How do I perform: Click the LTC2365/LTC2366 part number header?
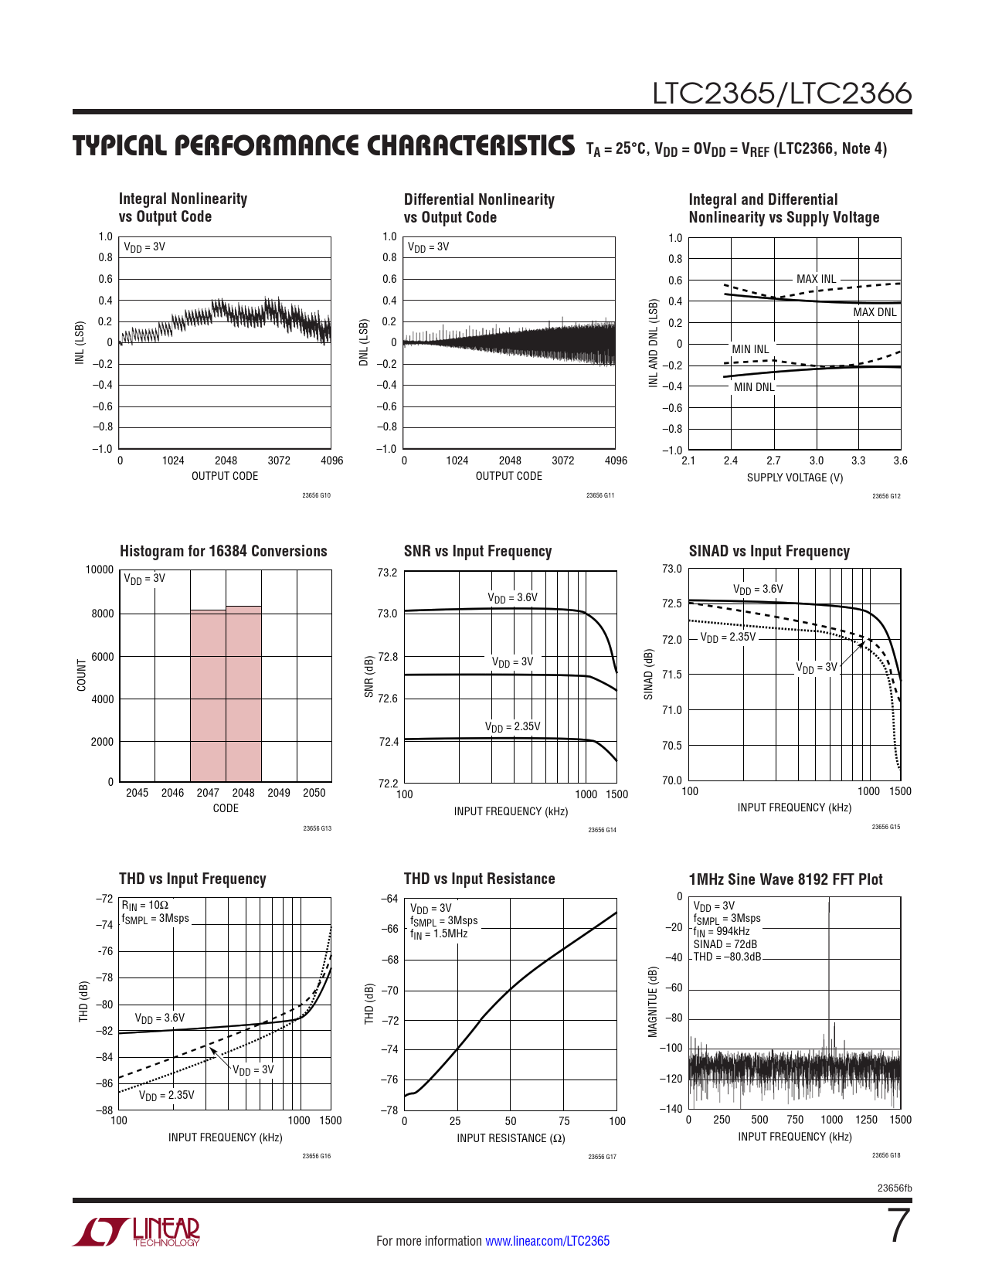[x=782, y=93]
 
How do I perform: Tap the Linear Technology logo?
[x=137, y=1232]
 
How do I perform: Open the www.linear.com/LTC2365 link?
[x=547, y=1241]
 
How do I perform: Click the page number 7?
[x=899, y=1226]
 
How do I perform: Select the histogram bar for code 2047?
[x=208, y=695]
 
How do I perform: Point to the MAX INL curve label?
[x=816, y=279]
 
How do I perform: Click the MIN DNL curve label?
[x=753, y=387]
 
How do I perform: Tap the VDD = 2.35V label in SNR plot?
[x=512, y=726]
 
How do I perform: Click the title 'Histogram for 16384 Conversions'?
[x=223, y=551]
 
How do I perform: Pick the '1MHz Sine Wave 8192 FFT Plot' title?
[x=785, y=879]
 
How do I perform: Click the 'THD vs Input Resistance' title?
[x=479, y=879]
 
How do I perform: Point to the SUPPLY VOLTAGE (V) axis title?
[x=794, y=478]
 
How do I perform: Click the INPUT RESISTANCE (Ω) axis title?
[x=511, y=1138]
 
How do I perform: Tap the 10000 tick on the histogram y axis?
[x=99, y=570]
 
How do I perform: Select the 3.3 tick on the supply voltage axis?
[x=858, y=461]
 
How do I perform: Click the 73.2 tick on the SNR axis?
[x=387, y=573]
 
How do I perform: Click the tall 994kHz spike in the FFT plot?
[x=829, y=974]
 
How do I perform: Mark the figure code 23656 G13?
[x=317, y=828]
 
